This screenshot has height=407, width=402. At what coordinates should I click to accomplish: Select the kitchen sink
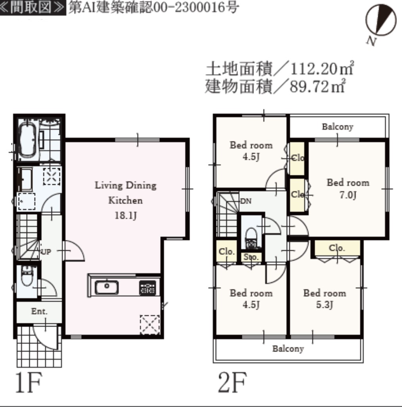click(x=107, y=287)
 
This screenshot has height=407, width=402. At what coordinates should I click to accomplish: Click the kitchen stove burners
click(x=147, y=288)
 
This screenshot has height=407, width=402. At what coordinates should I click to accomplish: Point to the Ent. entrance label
click(x=39, y=311)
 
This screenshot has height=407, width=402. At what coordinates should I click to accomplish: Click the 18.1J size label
click(x=126, y=215)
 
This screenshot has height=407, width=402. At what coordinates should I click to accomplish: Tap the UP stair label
click(x=46, y=251)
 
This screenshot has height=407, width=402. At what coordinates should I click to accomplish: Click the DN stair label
click(x=246, y=201)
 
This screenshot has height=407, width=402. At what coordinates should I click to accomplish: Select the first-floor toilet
click(x=27, y=276)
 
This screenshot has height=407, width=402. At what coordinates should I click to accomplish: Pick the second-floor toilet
click(x=251, y=238)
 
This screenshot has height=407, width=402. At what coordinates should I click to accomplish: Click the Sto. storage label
click(x=251, y=257)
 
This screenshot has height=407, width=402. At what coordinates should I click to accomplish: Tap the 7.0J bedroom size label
click(x=348, y=195)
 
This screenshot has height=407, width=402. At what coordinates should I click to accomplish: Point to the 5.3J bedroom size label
click(x=324, y=305)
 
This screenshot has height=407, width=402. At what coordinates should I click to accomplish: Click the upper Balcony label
click(x=337, y=127)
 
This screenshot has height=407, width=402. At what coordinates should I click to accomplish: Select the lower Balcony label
click(x=288, y=349)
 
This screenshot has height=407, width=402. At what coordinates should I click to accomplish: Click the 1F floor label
click(x=29, y=382)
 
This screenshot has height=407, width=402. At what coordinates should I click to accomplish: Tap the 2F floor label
click(x=232, y=382)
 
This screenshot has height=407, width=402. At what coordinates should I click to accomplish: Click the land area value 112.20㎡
click(x=322, y=69)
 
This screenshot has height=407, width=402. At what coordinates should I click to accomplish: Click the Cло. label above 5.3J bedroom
click(x=337, y=248)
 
